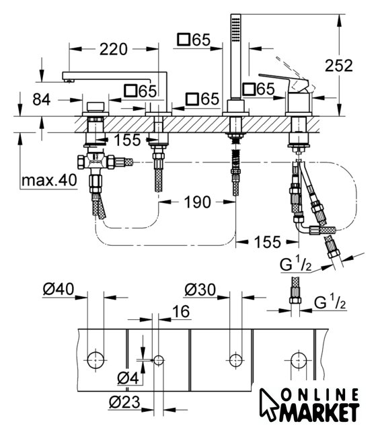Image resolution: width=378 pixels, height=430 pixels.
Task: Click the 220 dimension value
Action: [x=114, y=49]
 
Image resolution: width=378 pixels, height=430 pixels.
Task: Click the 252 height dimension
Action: [x=338, y=66]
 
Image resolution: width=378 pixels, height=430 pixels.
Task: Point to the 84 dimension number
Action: [x=42, y=99]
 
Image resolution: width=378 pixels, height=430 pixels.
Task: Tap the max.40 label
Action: [x=49, y=181]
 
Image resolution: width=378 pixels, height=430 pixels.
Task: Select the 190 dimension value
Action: [x=197, y=202]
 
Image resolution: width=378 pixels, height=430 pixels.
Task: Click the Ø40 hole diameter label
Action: [x=59, y=289]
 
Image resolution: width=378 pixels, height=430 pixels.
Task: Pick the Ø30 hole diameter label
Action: [x=200, y=290]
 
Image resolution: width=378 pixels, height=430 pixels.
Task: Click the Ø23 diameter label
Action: [x=124, y=402]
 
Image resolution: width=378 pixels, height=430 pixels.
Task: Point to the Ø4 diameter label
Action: [x=128, y=379]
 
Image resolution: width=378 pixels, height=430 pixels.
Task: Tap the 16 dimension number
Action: [x=181, y=312]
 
